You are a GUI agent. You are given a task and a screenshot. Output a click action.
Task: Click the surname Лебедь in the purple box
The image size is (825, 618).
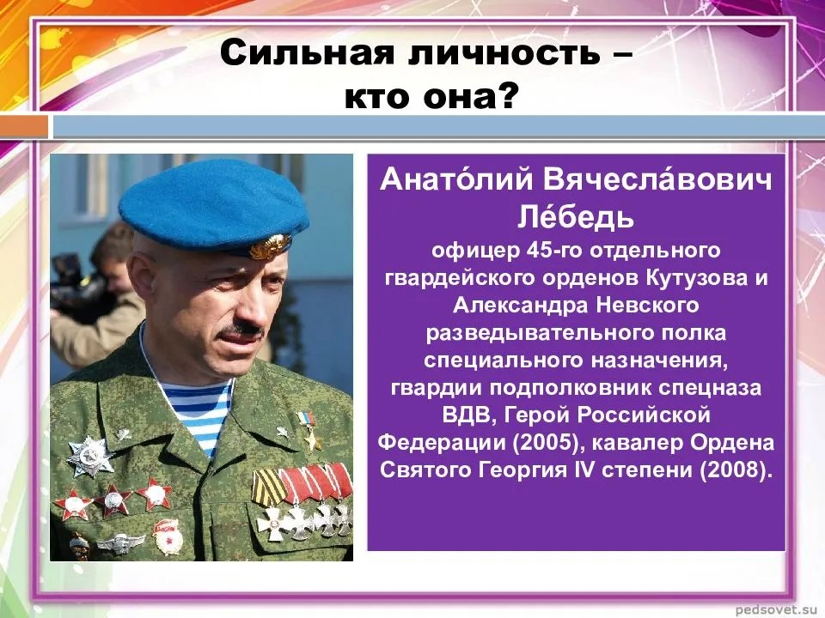[x=576, y=216]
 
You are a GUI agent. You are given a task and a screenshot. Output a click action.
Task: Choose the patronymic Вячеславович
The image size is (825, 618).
[x=657, y=179]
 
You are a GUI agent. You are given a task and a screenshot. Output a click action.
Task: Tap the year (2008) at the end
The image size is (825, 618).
[x=736, y=470]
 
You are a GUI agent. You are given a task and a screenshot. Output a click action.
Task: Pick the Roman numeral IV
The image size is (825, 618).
[x=582, y=470]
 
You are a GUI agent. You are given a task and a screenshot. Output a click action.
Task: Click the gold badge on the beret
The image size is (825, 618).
[x=271, y=246]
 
